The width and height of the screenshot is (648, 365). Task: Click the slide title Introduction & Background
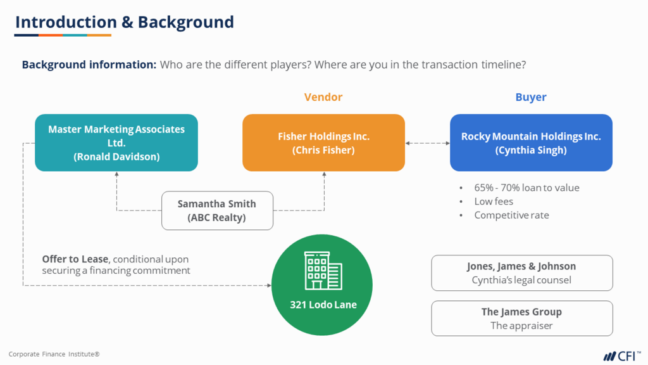click(124, 22)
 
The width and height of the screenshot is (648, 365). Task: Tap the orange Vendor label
click(323, 97)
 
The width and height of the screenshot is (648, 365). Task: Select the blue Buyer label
click(530, 97)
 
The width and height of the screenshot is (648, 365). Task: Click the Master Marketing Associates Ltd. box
click(116, 143)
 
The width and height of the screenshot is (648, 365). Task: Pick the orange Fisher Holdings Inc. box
click(323, 143)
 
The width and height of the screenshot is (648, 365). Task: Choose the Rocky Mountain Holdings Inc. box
click(531, 143)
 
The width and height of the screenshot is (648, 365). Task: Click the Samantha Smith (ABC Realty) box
click(217, 210)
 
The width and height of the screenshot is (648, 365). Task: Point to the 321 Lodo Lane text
click(323, 305)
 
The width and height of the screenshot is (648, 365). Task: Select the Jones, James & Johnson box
click(521, 272)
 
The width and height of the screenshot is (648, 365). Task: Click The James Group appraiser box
click(521, 318)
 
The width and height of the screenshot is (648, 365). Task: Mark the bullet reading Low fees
click(494, 202)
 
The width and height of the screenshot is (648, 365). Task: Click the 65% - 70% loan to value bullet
click(526, 188)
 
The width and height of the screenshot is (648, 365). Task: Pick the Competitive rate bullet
click(511, 215)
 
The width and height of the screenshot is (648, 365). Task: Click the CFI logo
click(621, 355)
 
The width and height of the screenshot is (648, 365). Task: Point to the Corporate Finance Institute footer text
click(54, 354)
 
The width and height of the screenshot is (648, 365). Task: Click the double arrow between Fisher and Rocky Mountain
click(427, 143)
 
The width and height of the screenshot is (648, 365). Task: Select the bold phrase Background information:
click(89, 65)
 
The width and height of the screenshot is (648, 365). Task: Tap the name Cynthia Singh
click(531, 150)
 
